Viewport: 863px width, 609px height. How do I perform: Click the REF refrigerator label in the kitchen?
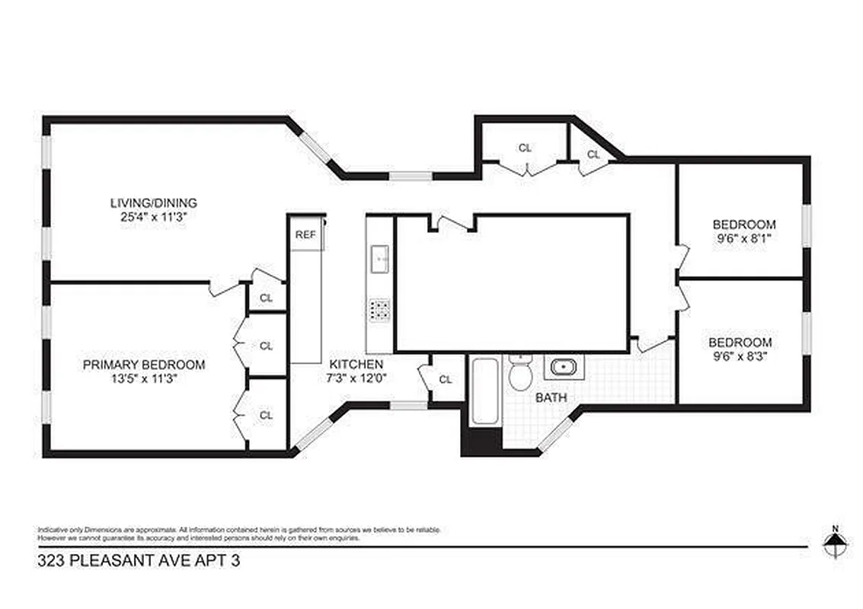coord(305,235)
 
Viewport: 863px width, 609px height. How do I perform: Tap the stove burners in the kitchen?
coord(379,309)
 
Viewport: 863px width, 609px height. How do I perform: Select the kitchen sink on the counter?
coord(379,260)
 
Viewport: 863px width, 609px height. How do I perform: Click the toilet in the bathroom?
coord(521,374)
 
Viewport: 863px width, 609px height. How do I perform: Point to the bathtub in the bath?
coord(484,391)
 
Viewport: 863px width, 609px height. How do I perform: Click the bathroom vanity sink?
coord(564,368)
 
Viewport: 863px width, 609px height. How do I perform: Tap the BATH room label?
coord(550,397)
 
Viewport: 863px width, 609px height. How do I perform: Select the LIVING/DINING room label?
coord(154,203)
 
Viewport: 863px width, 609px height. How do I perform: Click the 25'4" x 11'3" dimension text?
coord(154,217)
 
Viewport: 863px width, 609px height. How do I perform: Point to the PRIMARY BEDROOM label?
coord(144,365)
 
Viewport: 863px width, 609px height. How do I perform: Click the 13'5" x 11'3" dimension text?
coord(144,379)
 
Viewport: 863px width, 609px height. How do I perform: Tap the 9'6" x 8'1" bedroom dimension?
coord(743,238)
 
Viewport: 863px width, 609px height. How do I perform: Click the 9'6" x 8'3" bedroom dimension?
coord(740,356)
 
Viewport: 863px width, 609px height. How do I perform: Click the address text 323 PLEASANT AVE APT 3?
coord(132,563)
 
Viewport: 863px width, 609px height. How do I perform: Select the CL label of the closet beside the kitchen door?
coord(446,379)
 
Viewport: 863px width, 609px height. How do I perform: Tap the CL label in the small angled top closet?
coord(593,155)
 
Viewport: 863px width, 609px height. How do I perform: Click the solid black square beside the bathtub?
coord(481,442)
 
